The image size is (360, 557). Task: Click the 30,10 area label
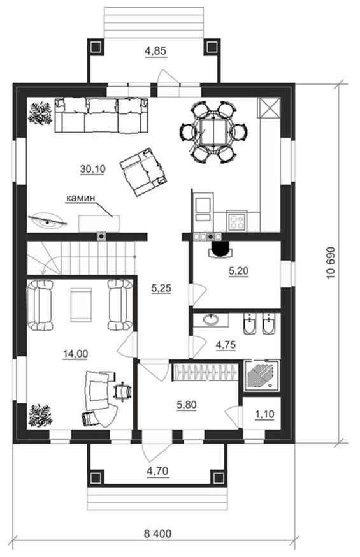click(92, 169)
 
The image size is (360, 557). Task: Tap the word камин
click(80, 198)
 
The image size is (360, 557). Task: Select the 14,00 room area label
click(76, 354)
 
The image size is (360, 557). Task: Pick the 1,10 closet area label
click(264, 414)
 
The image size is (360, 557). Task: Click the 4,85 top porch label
click(155, 51)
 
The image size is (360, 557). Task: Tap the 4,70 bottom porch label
click(157, 471)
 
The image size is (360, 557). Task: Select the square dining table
click(213, 132)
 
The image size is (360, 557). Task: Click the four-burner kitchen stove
click(237, 221)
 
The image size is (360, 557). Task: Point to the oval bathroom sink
click(213, 320)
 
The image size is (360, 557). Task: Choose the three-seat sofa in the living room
click(101, 115)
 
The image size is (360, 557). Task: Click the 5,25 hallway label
click(161, 289)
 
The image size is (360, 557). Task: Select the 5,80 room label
click(187, 404)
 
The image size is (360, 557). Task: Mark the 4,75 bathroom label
click(226, 345)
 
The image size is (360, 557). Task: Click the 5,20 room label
click(238, 271)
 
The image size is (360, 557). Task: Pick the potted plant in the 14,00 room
click(41, 415)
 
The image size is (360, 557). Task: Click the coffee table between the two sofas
click(82, 305)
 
